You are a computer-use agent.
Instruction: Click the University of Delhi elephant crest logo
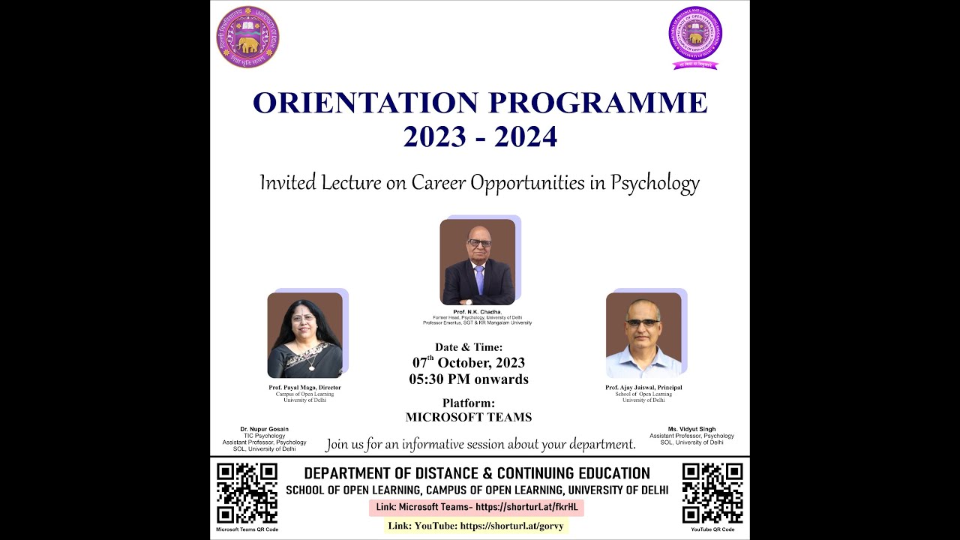247,37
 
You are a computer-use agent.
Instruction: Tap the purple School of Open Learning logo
695,36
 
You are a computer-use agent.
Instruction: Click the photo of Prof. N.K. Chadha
478,262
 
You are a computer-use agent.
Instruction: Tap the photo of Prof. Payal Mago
304,335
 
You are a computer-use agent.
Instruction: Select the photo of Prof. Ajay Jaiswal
643,335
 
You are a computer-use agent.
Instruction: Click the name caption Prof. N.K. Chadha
477,311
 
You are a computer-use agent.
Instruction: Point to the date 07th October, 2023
469,363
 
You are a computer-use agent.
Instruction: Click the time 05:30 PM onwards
469,379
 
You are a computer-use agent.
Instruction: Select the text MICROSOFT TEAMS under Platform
469,417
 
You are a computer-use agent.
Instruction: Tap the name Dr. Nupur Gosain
264,429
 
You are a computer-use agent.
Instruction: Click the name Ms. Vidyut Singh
691,429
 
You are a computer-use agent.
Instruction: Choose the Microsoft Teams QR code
247,493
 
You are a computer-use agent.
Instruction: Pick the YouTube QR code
712,493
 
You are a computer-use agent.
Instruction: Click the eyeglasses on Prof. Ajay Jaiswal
643,322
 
